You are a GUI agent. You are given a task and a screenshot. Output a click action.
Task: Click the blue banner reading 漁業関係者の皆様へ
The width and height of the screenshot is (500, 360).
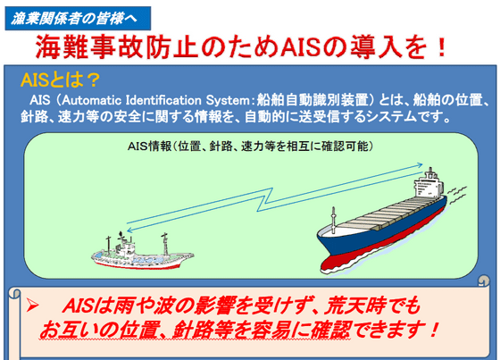coord(78,18)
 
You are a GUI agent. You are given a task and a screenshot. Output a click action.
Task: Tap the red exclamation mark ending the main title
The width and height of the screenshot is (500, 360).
coord(442,47)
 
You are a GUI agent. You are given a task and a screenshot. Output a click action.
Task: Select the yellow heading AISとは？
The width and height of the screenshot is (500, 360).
coord(61,80)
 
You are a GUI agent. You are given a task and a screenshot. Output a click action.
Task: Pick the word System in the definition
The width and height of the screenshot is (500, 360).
coord(228,100)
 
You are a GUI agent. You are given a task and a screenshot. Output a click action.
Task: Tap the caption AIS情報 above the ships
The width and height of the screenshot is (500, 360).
coord(150,147)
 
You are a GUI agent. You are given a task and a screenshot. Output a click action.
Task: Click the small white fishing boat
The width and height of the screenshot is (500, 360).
coord(142,251)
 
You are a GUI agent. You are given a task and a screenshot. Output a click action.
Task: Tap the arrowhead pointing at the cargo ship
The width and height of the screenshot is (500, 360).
coord(421,165)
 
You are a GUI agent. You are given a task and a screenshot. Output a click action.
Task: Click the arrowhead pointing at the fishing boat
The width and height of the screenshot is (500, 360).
coord(129,230)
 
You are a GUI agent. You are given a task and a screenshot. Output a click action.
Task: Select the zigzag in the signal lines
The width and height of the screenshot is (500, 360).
coord(264,199)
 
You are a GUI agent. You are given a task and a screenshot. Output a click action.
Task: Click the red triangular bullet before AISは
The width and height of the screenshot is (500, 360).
coord(32,306)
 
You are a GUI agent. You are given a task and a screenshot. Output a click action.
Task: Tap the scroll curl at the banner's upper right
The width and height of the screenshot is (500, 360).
coord(484,280)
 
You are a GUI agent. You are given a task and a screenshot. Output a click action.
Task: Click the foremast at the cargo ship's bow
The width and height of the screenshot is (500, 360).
coord(333,221)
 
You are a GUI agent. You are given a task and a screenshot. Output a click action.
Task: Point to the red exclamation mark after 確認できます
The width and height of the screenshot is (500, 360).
coord(433,330)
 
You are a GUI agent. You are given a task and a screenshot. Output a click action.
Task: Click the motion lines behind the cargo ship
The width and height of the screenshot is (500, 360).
coord(456,195)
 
